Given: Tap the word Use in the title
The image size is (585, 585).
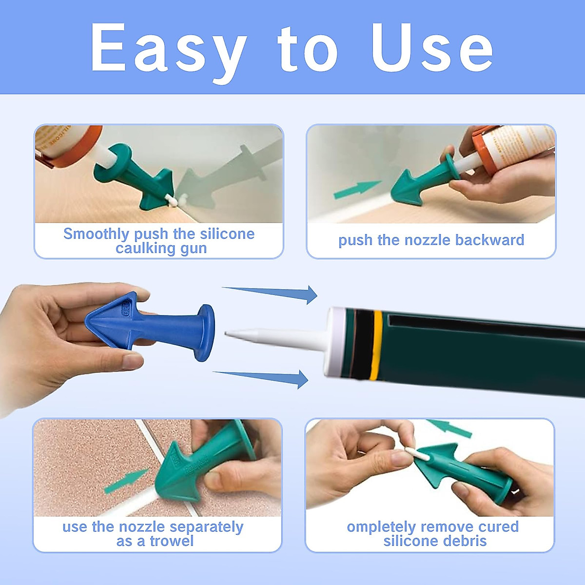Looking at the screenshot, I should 432,48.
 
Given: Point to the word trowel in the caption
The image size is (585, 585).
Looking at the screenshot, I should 172,541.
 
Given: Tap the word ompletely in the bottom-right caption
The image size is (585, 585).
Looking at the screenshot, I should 381,527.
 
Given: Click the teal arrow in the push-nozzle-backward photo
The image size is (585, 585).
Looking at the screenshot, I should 357,190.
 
